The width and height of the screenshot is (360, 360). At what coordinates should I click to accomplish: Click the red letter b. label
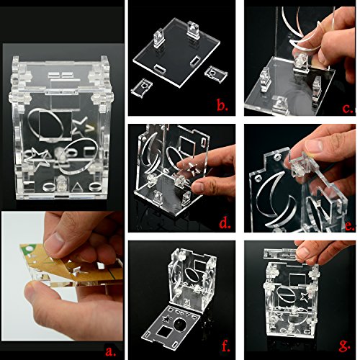222,105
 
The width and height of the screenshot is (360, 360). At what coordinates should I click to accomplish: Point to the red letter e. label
350,226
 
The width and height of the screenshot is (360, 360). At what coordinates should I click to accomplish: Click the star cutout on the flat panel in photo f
167,318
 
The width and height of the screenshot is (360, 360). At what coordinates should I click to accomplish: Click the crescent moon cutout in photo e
276,201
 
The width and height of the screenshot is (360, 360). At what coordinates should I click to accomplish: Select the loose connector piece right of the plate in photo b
215,74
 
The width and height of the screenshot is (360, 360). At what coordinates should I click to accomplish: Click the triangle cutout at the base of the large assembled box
77,187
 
